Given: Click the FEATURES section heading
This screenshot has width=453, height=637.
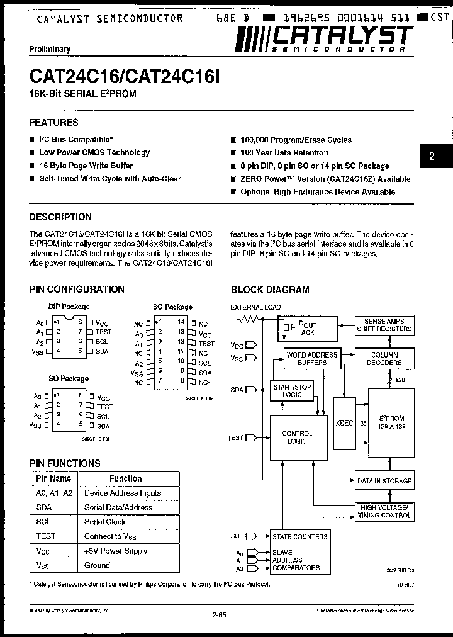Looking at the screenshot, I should [54, 123].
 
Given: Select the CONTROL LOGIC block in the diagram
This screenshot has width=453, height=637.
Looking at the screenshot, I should [297, 437].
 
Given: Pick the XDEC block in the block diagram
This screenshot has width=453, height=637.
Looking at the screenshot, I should [345, 423].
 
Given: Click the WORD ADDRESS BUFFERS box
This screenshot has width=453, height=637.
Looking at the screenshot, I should [312, 359].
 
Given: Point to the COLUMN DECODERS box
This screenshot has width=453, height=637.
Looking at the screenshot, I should [384, 359].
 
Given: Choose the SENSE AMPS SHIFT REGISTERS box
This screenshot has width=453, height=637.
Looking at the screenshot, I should [384, 325].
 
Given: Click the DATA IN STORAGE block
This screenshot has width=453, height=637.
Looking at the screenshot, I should [384, 481].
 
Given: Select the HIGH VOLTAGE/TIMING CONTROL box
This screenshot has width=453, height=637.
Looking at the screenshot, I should [384, 511].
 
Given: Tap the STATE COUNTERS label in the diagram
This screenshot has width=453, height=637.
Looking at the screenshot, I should [300, 537].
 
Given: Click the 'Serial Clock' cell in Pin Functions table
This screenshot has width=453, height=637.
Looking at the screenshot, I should [105, 522].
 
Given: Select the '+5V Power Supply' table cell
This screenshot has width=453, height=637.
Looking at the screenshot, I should [116, 551].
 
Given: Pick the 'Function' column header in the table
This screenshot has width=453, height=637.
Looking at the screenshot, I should [126, 478].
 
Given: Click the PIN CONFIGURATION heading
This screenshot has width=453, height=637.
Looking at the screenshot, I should [77, 290].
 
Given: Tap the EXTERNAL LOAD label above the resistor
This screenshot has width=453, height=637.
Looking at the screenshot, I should [255, 307].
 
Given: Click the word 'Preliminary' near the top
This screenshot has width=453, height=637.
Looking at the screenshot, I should [50, 49].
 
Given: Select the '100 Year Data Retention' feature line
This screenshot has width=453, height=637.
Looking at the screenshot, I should [284, 153].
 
